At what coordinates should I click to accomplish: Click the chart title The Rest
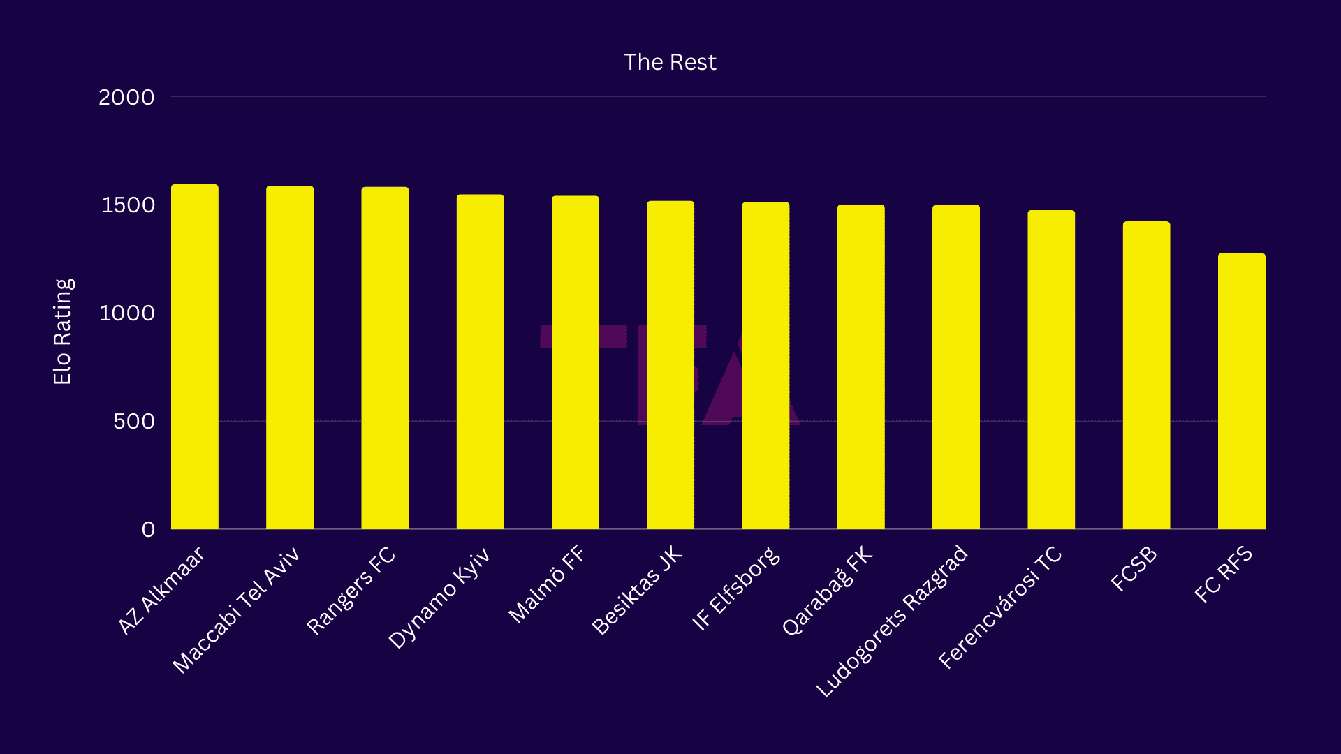670,62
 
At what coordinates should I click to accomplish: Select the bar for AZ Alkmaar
195,357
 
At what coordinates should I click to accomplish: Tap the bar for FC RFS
1241,391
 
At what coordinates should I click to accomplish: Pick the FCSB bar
1146,375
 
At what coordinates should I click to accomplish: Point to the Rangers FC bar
385,358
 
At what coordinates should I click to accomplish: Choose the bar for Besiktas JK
670,365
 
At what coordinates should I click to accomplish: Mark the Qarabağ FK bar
860,367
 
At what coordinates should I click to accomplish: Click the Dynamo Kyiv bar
480,362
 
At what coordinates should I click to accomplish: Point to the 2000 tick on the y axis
126,97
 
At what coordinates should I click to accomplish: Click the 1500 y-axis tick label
128,205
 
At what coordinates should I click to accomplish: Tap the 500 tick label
133,422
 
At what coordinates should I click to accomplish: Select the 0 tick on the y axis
148,529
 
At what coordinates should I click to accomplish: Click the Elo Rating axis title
63,332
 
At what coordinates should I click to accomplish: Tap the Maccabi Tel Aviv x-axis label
235,610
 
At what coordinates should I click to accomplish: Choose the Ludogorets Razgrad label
892,621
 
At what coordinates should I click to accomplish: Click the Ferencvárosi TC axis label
999,607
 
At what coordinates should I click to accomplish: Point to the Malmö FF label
546,584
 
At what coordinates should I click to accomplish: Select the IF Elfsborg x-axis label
735,589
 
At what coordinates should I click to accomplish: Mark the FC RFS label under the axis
1223,575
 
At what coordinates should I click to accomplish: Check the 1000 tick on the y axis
126,313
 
